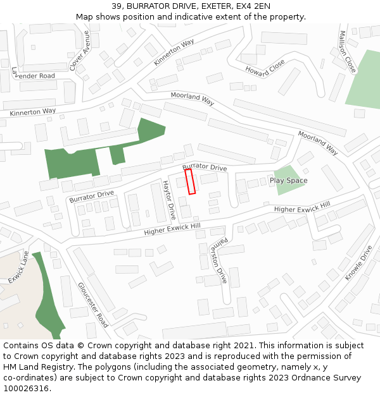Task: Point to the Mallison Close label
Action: (x=348, y=51)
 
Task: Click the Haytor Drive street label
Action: (x=168, y=199)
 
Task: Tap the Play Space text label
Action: (x=288, y=181)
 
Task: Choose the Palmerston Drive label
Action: (x=218, y=262)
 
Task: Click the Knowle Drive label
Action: (x=358, y=263)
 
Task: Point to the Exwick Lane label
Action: (x=20, y=267)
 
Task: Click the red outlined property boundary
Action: (x=190, y=181)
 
